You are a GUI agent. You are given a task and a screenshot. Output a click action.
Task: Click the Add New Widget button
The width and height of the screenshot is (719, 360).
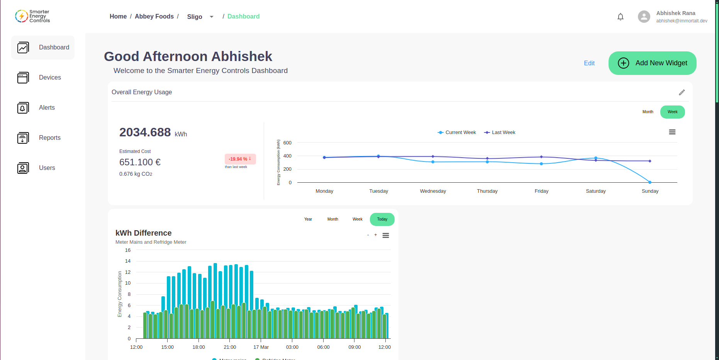pos(652,63)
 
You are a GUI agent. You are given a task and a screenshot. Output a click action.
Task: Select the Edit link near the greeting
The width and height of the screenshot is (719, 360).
pos(589,63)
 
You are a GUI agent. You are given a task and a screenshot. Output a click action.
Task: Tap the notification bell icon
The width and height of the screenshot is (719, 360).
pos(620,17)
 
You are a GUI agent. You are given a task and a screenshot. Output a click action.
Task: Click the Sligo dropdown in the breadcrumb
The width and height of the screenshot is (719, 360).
pos(200,17)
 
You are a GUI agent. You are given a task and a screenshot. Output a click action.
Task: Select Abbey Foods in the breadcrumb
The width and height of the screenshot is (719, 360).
pos(154,17)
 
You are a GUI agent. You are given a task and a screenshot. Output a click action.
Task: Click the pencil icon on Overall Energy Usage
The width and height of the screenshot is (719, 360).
pos(682,92)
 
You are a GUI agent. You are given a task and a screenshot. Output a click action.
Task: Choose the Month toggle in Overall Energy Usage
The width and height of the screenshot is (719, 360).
pos(648,112)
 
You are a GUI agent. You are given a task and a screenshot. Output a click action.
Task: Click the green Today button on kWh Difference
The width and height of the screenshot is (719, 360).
pos(382,219)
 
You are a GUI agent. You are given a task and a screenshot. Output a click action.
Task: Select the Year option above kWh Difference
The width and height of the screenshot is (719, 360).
pos(308,219)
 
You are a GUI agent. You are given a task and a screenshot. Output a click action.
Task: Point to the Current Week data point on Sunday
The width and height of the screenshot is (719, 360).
pos(650,182)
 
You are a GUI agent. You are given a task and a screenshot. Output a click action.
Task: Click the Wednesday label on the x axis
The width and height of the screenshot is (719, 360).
pos(433,191)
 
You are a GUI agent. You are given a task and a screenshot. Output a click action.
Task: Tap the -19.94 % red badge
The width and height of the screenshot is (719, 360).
pos(240,159)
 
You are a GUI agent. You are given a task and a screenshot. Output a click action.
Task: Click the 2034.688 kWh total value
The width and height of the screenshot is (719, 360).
pos(145,132)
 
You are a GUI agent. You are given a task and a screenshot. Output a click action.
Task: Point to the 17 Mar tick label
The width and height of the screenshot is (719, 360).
pos(261,347)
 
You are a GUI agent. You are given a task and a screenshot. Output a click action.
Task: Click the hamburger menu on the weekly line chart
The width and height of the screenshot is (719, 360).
pos(672,132)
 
